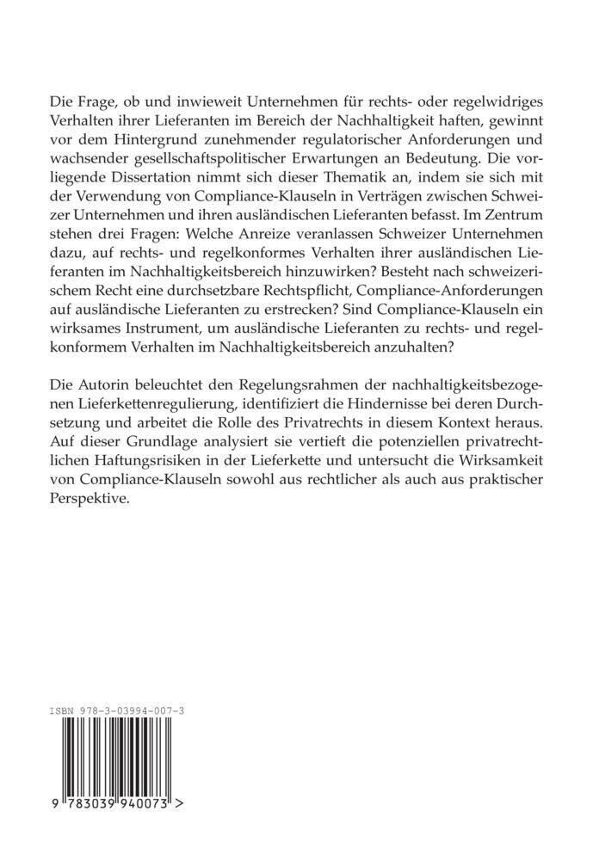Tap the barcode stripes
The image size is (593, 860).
click(x=113, y=757)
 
